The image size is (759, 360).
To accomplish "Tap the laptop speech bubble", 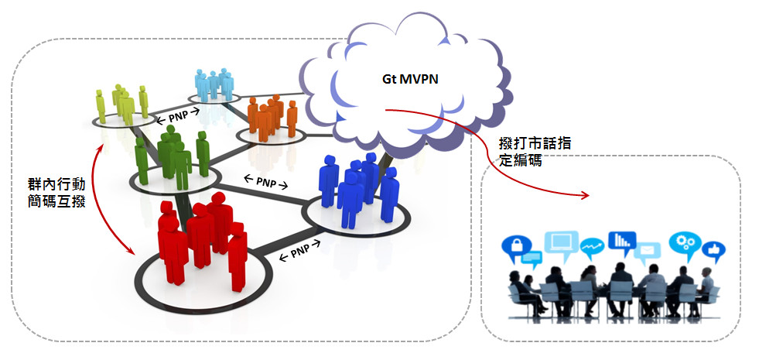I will click(559, 242).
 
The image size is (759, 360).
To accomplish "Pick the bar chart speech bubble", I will click(621, 242).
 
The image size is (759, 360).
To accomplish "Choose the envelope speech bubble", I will click(648, 250).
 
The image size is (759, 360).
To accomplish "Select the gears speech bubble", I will click(684, 242).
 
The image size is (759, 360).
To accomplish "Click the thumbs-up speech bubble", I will click(714, 249).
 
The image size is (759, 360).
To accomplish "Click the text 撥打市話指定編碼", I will click(525, 153).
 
